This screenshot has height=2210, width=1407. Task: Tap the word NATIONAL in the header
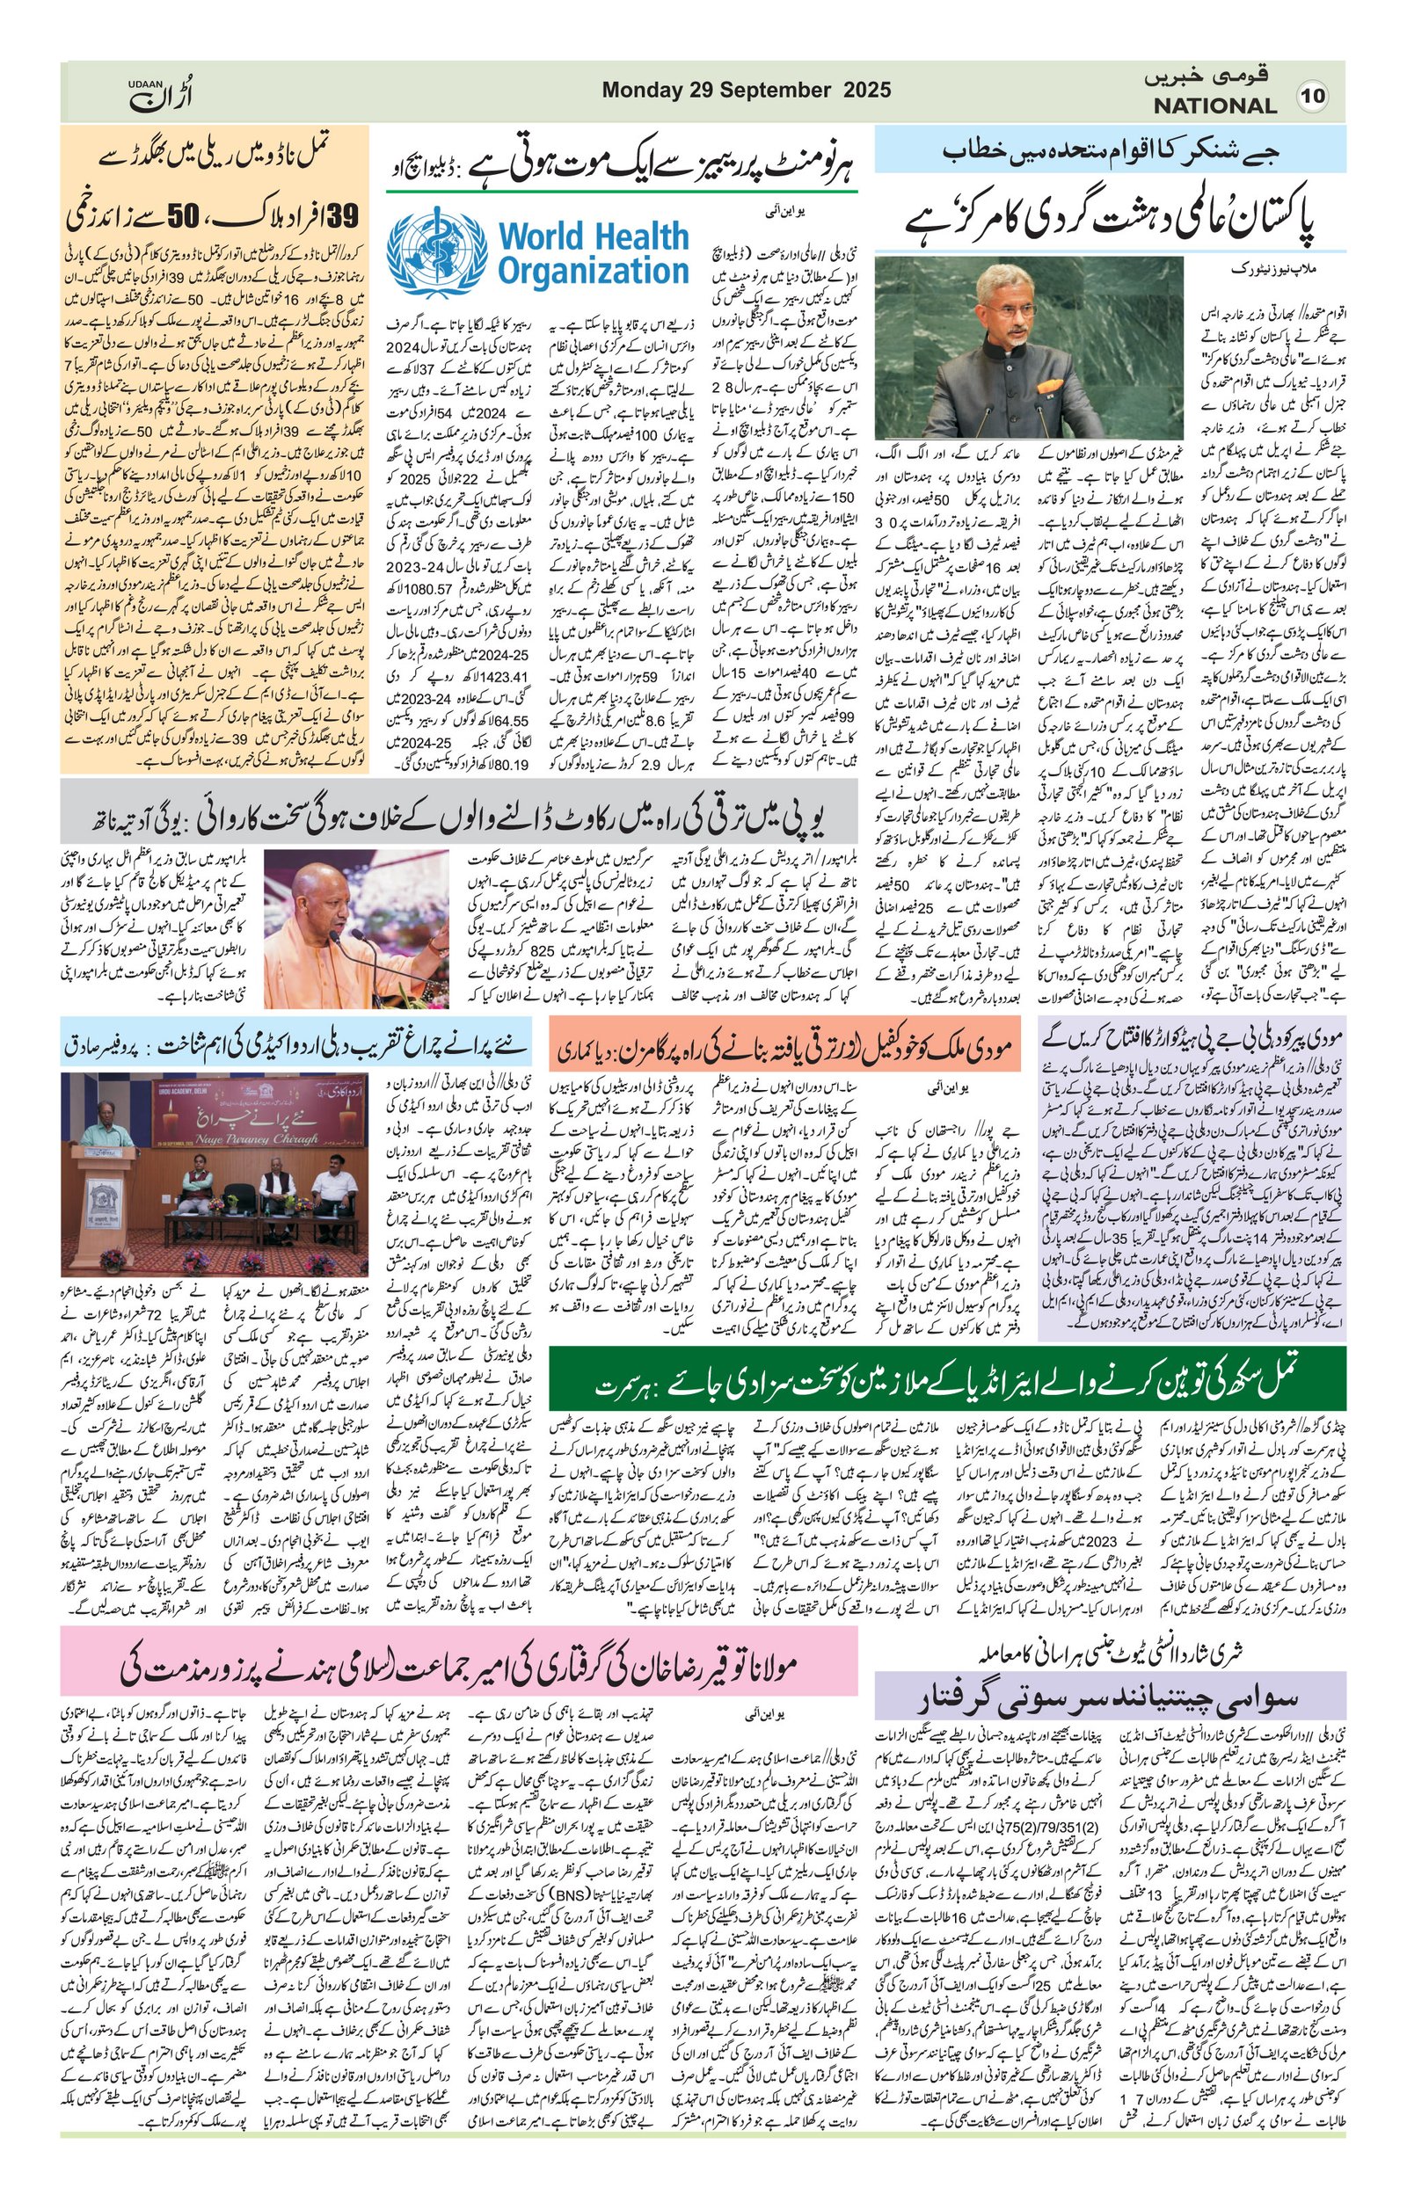(1215, 105)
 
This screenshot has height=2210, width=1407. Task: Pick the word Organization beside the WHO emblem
(593, 272)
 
